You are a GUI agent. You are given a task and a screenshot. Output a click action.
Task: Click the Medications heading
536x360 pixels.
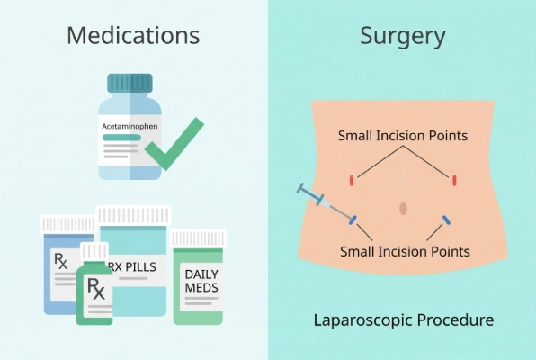pyautogui.click(x=133, y=35)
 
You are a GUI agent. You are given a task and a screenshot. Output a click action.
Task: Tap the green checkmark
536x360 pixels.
pyautogui.click(x=174, y=144)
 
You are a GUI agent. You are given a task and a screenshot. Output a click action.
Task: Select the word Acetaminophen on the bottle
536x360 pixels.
pyautogui.click(x=130, y=126)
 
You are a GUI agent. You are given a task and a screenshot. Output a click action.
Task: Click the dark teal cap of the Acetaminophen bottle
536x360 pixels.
pyautogui.click(x=130, y=83)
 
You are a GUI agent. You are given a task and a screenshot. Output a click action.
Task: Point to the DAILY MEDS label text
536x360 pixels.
pyautogui.click(x=201, y=281)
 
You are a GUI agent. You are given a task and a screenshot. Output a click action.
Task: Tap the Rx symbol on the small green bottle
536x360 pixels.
pyautogui.click(x=96, y=288)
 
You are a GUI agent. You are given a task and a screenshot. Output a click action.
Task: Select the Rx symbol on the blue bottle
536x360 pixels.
pyautogui.click(x=61, y=261)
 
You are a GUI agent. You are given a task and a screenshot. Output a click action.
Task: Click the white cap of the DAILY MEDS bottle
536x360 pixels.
pyautogui.click(x=198, y=238)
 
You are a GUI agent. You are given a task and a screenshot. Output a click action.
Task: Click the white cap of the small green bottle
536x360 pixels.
pyautogui.click(x=94, y=251)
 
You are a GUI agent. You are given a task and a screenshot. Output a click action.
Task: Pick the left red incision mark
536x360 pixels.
pyautogui.click(x=352, y=180)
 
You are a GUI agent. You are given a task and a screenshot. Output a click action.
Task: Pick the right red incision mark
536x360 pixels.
pyautogui.click(x=454, y=180)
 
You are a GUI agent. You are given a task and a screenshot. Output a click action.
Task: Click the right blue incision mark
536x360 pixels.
pyautogui.click(x=446, y=220)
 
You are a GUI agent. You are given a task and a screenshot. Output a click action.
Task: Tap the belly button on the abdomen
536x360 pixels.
pyautogui.click(x=404, y=209)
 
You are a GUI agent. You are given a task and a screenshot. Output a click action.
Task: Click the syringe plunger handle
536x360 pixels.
pyautogui.click(x=300, y=189)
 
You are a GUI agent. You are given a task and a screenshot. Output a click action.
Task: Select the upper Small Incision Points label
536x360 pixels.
pyautogui.click(x=403, y=136)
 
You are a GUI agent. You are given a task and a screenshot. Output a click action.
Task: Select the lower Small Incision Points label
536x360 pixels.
pyautogui.click(x=405, y=252)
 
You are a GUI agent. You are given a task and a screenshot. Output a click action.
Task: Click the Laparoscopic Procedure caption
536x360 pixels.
pyautogui.click(x=404, y=320)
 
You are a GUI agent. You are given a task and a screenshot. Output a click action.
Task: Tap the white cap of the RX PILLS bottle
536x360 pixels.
pyautogui.click(x=133, y=216)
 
